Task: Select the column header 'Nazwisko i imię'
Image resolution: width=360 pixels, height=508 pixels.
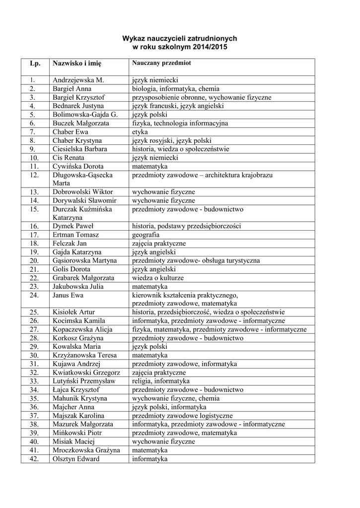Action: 76,63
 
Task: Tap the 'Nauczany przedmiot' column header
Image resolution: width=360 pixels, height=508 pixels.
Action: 161,63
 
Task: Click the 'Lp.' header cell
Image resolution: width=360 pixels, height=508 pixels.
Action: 35,63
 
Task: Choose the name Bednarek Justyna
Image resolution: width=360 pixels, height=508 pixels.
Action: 78,106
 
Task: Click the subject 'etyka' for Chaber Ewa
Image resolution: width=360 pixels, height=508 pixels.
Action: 140,132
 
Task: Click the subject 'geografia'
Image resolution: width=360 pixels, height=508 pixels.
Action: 145,235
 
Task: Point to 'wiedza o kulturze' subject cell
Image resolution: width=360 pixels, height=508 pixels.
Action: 157,278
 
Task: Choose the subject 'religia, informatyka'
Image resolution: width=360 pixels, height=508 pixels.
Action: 160,381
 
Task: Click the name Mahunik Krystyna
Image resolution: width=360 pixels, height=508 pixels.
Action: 79,398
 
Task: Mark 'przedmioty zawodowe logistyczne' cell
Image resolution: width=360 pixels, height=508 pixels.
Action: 182,416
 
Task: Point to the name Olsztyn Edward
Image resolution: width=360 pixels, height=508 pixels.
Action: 76,459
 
